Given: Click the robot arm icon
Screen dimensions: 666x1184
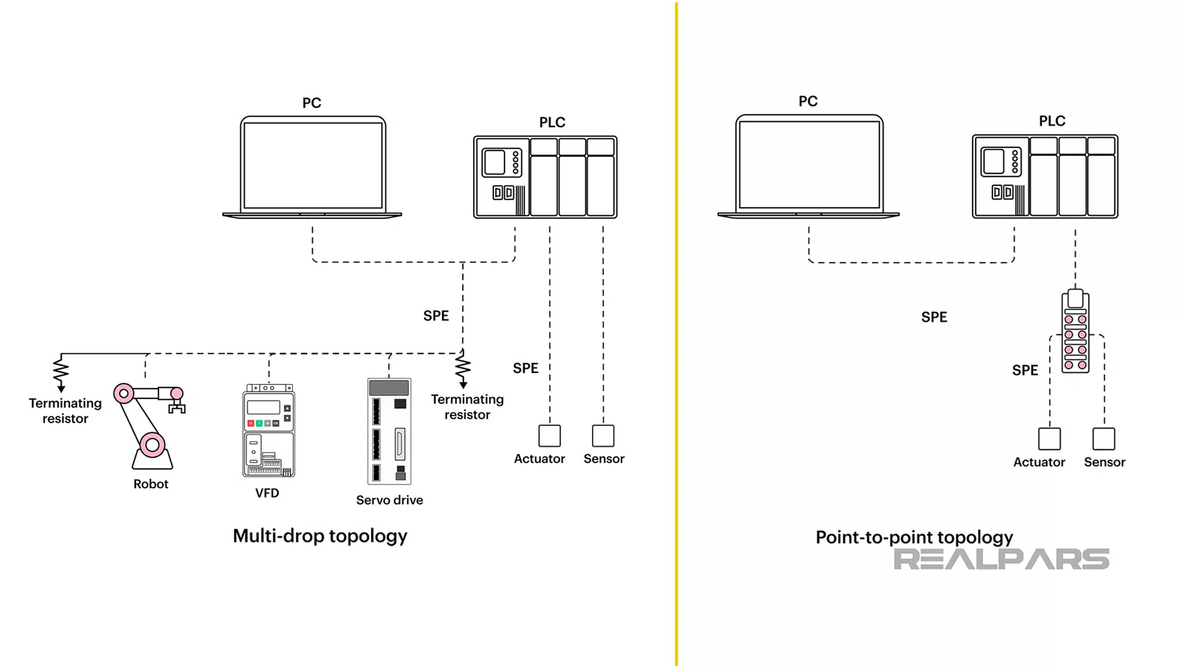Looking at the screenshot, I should pos(150,425).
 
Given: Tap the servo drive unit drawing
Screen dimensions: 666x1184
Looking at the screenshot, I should pos(389,431).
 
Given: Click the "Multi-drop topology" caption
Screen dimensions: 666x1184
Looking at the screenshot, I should pos(320,536).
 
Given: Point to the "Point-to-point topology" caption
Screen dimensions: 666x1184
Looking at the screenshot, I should pos(914,537).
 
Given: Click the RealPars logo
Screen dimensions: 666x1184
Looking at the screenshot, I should pos(1001,559).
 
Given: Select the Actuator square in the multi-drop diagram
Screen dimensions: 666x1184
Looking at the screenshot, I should pos(549,436).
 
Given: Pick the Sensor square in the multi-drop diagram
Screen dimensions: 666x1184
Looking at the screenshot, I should pos(603,436).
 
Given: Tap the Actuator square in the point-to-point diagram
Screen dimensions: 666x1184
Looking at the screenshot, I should pos(1050,439).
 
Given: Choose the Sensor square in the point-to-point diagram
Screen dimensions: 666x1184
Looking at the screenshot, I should pos(1104,439).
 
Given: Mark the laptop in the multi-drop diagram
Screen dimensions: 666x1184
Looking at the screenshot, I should pos(313,167).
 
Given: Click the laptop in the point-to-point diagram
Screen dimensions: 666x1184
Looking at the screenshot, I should pos(809,166).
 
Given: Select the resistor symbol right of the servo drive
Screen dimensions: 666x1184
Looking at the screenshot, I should pos(463,368).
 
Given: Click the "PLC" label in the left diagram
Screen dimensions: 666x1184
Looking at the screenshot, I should pos(552,123).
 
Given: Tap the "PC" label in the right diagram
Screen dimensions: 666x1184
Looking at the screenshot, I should pos(808,101).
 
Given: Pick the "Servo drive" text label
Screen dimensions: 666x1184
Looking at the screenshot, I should pos(389,500).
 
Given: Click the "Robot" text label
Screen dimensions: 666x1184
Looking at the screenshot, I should pos(150,484).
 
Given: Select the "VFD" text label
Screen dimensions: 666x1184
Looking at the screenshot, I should pos(267,493).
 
